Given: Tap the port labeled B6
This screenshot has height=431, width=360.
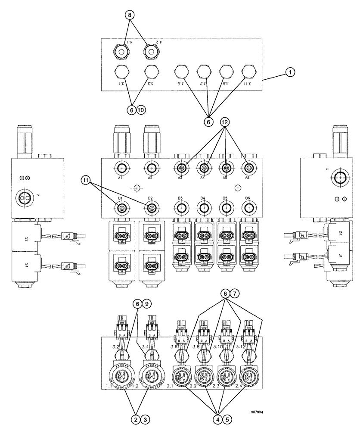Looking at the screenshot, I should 248,209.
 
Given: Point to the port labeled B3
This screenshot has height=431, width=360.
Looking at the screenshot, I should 181,209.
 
